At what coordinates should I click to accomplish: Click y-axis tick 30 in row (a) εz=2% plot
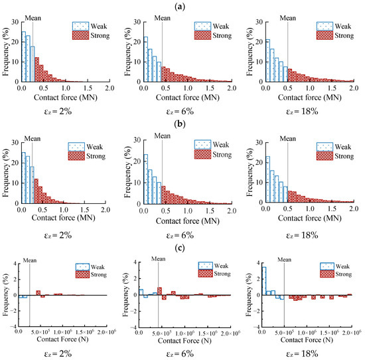[14, 21]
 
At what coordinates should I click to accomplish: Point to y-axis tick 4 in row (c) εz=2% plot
[14, 262]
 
